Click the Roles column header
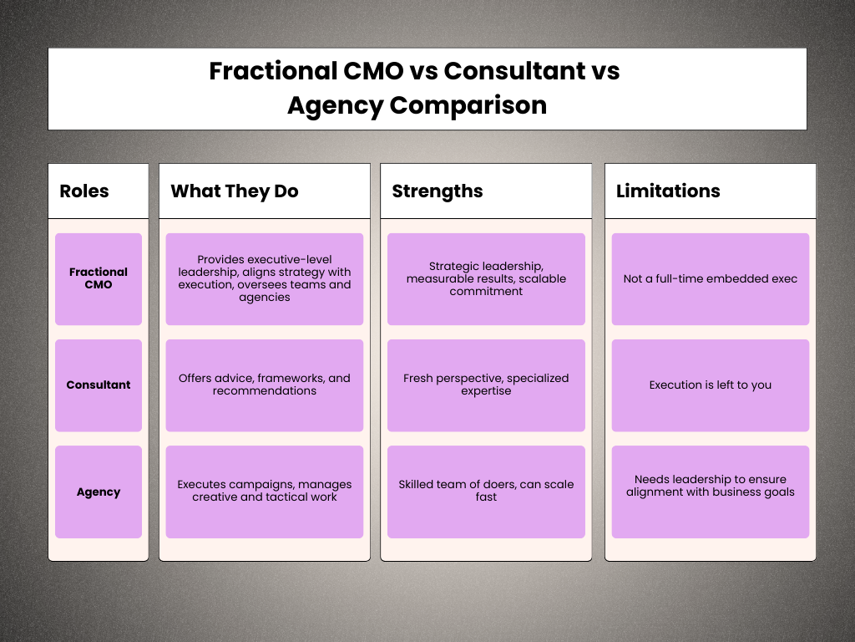click(x=84, y=191)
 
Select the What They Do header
click(x=235, y=191)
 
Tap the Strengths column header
click(x=438, y=191)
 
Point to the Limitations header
click(x=668, y=191)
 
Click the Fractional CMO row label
click(x=99, y=278)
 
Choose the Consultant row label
click(x=99, y=385)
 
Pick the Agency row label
click(x=99, y=492)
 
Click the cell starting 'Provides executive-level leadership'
click(x=265, y=278)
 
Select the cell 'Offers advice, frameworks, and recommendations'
click(x=265, y=385)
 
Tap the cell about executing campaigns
click(x=265, y=492)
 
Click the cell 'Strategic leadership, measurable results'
click(x=486, y=278)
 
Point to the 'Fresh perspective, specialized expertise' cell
click(x=486, y=385)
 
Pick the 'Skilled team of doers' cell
click(x=486, y=492)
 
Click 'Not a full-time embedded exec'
click(x=711, y=278)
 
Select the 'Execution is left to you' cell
click(x=711, y=385)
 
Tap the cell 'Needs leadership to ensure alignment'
click(x=711, y=492)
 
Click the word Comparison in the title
click(x=468, y=105)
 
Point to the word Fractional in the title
click(x=273, y=71)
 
